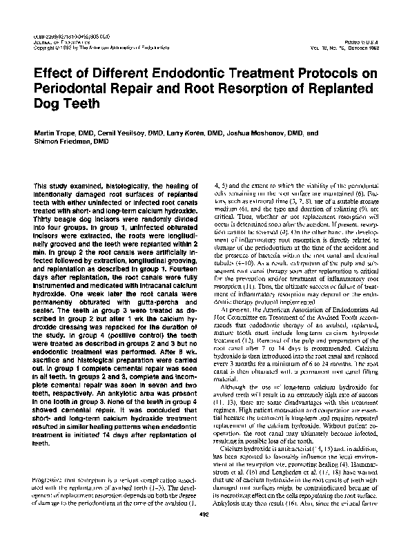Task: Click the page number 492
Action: (204, 534)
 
